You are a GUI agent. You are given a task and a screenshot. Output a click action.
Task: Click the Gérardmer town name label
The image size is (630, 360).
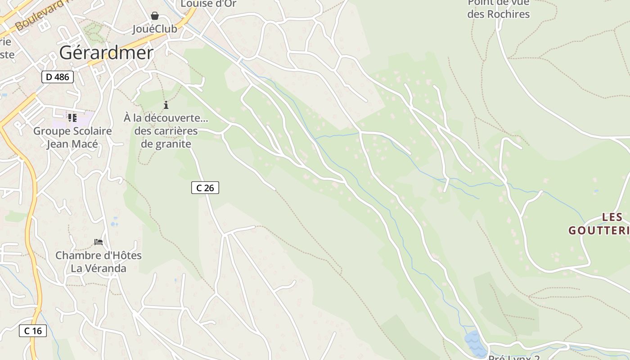(106, 53)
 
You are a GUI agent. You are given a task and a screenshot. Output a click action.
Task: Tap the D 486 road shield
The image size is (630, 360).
(58, 77)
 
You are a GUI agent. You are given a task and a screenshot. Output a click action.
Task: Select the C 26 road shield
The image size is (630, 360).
(205, 188)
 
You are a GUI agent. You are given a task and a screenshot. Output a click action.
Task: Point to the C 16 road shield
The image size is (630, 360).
(33, 331)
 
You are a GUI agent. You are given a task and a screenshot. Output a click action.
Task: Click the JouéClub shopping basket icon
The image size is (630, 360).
(155, 16)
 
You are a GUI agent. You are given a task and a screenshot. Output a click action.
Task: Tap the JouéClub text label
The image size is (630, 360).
(154, 29)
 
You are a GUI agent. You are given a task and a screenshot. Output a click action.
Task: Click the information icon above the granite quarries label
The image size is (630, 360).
(166, 105)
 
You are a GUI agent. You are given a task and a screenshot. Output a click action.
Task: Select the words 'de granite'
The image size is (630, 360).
(166, 144)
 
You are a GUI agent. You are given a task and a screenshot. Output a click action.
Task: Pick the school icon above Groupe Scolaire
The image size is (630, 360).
(72, 118)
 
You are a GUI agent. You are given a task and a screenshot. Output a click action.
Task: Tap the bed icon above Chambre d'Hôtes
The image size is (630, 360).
(99, 242)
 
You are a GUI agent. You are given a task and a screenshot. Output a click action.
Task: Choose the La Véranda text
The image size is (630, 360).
(98, 269)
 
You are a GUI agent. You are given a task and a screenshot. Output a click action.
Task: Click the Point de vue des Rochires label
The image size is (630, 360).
(499, 9)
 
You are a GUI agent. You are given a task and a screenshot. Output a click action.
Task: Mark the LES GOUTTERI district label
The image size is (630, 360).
(599, 224)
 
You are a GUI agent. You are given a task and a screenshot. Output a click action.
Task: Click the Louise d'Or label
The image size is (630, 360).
(208, 4)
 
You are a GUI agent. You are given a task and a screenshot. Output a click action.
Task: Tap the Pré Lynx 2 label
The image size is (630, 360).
(513, 358)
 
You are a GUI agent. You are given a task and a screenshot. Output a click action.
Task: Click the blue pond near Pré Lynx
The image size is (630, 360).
(475, 343)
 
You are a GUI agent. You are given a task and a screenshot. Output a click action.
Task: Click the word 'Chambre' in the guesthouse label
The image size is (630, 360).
(77, 256)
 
